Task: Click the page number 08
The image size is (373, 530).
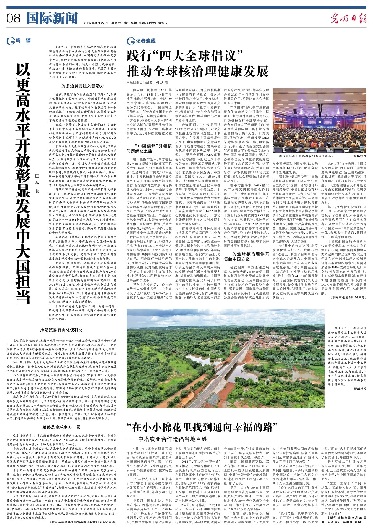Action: point(13,18)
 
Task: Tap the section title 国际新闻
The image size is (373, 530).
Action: point(52,18)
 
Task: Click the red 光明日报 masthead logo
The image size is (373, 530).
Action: point(348,19)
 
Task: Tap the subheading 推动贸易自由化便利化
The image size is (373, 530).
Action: point(61,329)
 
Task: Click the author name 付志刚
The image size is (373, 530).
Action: point(162,82)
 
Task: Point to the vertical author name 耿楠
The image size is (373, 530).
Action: point(37,187)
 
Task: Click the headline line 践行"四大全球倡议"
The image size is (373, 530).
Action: point(185,56)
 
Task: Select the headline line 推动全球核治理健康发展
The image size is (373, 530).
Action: point(198,71)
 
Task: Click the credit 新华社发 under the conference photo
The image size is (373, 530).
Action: point(360,156)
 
